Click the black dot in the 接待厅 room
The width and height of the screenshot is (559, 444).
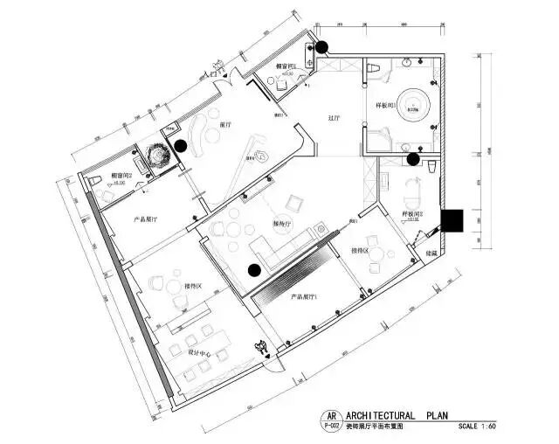click(x=252, y=271)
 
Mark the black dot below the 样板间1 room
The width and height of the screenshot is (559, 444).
click(x=411, y=159)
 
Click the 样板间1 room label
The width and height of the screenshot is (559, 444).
click(x=388, y=106)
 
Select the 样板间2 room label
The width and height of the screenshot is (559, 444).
click(x=412, y=214)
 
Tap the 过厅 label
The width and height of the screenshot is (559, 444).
click(x=334, y=117)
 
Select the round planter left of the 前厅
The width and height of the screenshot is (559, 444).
click(x=158, y=154)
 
